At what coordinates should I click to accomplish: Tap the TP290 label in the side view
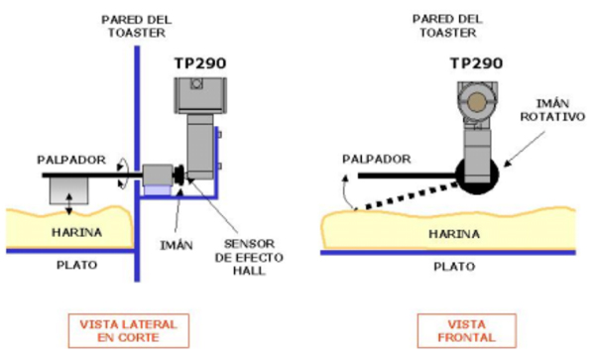pos(200,63)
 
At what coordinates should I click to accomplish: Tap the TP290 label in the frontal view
pos(476,63)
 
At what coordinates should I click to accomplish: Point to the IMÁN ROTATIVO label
pos(552,110)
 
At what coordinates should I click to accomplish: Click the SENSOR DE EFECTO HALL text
pos(249,257)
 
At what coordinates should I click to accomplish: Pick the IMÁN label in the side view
pos(177,245)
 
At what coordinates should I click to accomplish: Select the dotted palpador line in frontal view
pos(407,196)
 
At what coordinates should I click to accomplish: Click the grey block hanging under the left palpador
pos(68,190)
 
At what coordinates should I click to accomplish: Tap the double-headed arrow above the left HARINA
pos(68,204)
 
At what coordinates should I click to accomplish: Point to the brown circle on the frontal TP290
pos(477,102)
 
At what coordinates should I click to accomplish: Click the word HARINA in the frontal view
pos(454,234)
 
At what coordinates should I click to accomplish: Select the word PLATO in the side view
pos(77,265)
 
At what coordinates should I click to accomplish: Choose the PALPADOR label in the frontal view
pos(377,159)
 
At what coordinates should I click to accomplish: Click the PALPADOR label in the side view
pos(71,160)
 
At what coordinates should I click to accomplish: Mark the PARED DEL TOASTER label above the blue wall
pos(136,26)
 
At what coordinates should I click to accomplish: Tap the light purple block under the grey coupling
pos(157,190)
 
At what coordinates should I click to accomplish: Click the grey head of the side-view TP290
pos(200,95)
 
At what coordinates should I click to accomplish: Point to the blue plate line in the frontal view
pos(448,253)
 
